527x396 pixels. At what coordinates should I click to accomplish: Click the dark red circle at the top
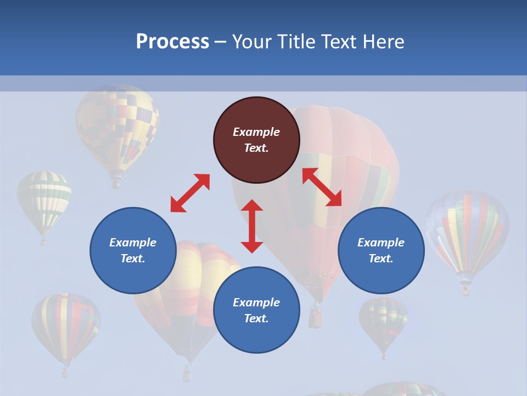click(x=256, y=140)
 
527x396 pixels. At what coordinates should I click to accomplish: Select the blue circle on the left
click(x=133, y=250)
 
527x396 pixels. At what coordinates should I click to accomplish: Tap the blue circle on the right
click(x=381, y=250)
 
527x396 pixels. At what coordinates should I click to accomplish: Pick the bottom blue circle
click(x=256, y=310)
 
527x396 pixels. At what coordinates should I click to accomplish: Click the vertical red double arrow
click(x=252, y=226)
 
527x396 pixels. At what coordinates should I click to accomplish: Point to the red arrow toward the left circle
click(x=190, y=193)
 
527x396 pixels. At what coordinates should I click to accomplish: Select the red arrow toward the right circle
click(x=322, y=187)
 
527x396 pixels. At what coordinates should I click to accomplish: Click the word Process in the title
click(x=172, y=42)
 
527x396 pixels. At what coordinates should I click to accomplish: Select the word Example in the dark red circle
click(x=256, y=132)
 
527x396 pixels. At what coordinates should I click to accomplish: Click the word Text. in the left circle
click(x=133, y=258)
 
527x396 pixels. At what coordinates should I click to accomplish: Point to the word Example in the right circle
click(x=381, y=243)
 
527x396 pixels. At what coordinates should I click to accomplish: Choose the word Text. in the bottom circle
click(x=256, y=318)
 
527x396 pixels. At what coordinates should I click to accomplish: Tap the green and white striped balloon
click(x=44, y=201)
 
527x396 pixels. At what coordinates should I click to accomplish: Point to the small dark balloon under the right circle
click(x=383, y=322)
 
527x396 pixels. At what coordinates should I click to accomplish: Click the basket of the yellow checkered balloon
click(x=116, y=183)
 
